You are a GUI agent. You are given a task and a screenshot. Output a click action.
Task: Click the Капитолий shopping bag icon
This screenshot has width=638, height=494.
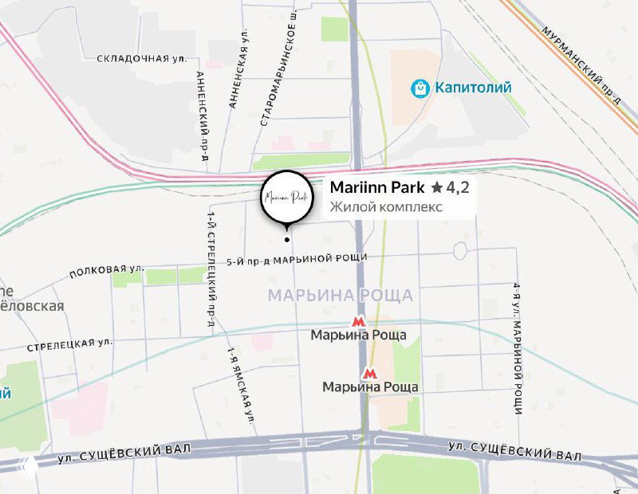pos(419,88)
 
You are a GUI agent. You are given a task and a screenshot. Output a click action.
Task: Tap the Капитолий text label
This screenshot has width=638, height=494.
pos(473,88)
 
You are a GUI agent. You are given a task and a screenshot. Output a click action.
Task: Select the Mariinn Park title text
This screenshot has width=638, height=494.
pos(376,188)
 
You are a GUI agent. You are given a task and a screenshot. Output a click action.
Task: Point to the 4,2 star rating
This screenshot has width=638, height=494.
pos(450,188)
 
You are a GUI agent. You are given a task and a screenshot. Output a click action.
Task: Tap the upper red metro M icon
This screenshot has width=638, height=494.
pos(359,322)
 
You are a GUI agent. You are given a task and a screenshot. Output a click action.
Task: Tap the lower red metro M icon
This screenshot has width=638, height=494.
pos(369,373)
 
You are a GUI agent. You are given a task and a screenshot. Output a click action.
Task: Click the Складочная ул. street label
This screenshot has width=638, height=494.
pos(141,58)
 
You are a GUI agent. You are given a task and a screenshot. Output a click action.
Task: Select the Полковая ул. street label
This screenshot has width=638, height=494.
pos(106,271)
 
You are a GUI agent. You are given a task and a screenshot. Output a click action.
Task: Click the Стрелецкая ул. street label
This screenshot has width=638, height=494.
pos(70,345)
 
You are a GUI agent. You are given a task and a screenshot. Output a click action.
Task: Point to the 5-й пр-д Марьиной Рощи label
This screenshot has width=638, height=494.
pos(296,259)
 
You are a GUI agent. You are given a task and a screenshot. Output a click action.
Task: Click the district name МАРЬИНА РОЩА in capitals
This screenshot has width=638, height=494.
pos(340,296)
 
